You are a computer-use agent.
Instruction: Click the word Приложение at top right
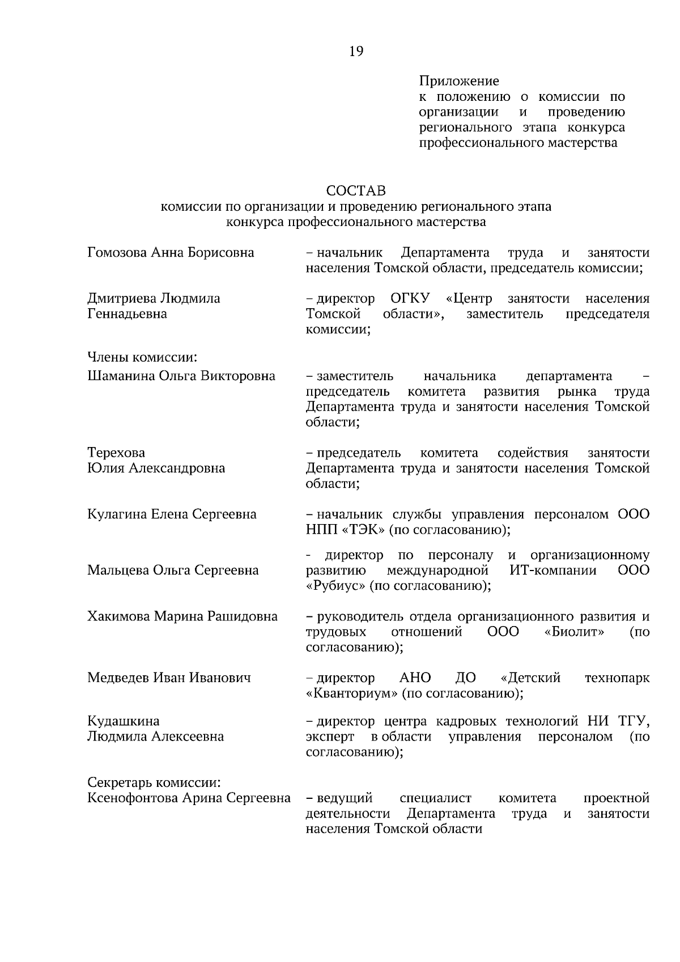(x=458, y=82)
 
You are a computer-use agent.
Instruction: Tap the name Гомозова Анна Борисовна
(x=171, y=252)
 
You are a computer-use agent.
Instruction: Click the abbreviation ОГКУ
(x=410, y=298)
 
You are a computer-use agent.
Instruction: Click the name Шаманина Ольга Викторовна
(x=181, y=376)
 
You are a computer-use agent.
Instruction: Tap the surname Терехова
(x=116, y=453)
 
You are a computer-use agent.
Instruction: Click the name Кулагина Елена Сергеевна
(x=172, y=514)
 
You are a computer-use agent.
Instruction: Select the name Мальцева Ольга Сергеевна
(x=173, y=571)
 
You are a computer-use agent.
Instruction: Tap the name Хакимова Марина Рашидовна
(x=182, y=616)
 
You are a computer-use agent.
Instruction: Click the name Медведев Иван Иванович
(x=169, y=678)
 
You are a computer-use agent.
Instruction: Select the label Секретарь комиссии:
(x=154, y=782)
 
